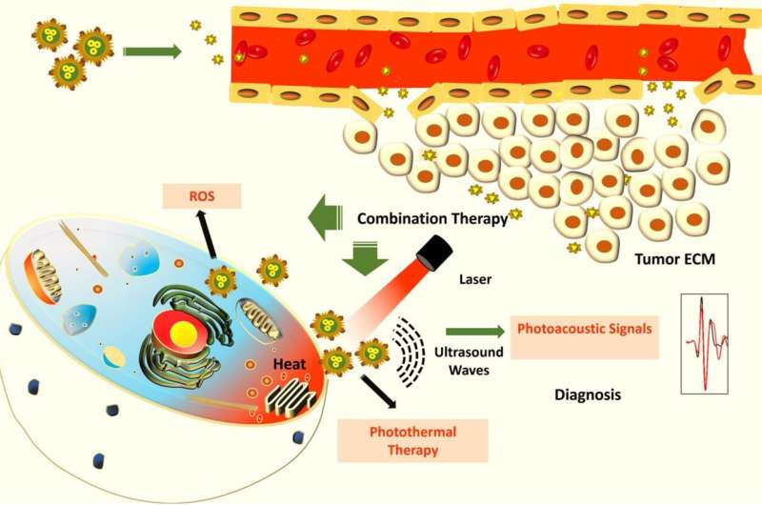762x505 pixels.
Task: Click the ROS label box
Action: pos(201,197)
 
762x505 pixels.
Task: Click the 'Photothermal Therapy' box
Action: pos(411,440)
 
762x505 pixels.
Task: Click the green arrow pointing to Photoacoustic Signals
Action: pos(474,331)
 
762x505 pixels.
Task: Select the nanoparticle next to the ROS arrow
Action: pos(222,280)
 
